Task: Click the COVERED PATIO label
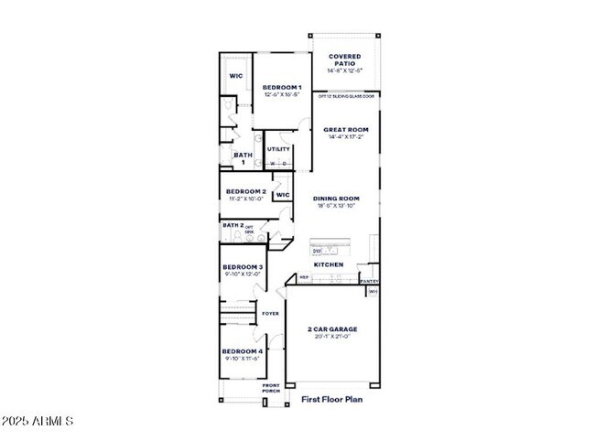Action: pyautogui.click(x=344, y=59)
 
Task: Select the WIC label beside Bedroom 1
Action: pyautogui.click(x=235, y=76)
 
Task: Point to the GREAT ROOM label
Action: pyautogui.click(x=345, y=130)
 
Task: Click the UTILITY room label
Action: pyautogui.click(x=278, y=149)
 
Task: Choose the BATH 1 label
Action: pyautogui.click(x=242, y=158)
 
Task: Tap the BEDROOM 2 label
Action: pyautogui.click(x=244, y=191)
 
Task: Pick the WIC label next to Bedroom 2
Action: pyautogui.click(x=282, y=194)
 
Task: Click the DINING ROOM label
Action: pyautogui.click(x=336, y=199)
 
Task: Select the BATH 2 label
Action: pyautogui.click(x=233, y=224)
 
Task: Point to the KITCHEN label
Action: pyautogui.click(x=329, y=264)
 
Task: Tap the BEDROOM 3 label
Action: pyautogui.click(x=243, y=267)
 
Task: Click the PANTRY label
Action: pyautogui.click(x=369, y=281)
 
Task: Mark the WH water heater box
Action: pyautogui.click(x=373, y=292)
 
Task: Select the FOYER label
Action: pyautogui.click(x=270, y=314)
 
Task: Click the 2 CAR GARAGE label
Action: pyautogui.click(x=331, y=329)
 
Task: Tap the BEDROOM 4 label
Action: pyautogui.click(x=243, y=351)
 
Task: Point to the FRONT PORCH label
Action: pyautogui.click(x=271, y=388)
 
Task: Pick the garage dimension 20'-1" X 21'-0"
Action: pyautogui.click(x=331, y=337)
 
